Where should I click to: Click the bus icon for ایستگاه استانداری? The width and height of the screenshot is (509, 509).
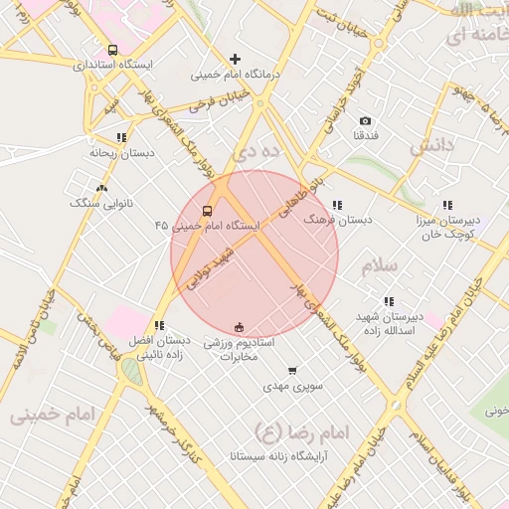pos(111,49)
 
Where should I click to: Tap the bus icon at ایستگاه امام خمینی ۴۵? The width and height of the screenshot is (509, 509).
pos(207,211)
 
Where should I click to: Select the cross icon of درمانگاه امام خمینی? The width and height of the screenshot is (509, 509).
pos(235,60)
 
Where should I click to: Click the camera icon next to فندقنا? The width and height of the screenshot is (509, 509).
pos(365,120)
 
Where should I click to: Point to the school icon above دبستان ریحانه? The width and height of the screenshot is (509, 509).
pos(121,137)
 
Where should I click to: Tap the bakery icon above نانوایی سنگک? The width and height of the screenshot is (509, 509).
pos(101,187)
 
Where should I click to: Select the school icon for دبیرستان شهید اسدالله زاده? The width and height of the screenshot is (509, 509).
pos(389,300)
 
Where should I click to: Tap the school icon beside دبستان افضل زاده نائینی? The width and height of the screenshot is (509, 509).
pos(159,325)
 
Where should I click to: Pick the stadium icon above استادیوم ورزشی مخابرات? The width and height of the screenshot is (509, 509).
pos(239,327)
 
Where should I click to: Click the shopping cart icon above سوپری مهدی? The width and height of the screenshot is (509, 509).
pos(291,370)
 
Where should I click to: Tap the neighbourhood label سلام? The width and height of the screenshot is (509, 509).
pos(379,266)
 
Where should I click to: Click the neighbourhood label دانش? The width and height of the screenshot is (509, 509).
pos(431,145)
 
